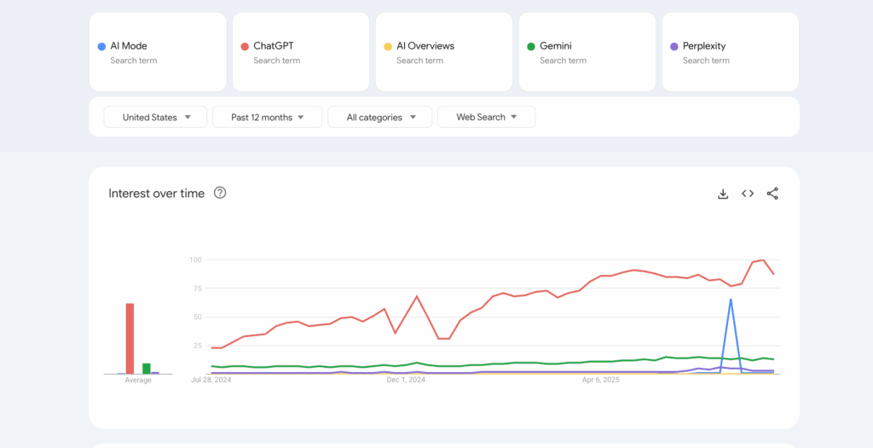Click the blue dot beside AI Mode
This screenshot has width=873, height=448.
[x=101, y=46]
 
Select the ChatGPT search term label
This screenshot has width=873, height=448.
[x=273, y=46]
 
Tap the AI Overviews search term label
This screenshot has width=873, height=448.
[x=425, y=46]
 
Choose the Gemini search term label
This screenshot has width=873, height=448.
[x=555, y=46]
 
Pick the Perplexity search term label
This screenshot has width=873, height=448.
[x=703, y=46]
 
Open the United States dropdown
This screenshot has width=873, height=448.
[x=155, y=117]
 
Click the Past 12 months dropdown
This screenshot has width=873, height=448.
[x=267, y=117]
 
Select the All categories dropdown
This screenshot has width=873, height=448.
[x=380, y=117]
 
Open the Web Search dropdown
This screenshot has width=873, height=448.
[x=486, y=117]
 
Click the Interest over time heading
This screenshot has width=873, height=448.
[x=156, y=194]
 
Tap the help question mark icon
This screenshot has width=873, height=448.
[x=220, y=193]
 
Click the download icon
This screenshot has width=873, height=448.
[x=723, y=194]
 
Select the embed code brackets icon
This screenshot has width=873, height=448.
[x=748, y=194]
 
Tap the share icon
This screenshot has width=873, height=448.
[x=772, y=194]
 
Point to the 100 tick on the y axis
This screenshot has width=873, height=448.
[x=195, y=259]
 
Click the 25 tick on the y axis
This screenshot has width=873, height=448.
[x=196, y=346]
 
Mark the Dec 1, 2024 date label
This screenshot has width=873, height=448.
[x=406, y=380]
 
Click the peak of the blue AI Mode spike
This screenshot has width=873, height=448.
[x=731, y=300]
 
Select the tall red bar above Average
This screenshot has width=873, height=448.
[x=130, y=338]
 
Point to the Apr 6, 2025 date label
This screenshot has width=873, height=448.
[x=601, y=380]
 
